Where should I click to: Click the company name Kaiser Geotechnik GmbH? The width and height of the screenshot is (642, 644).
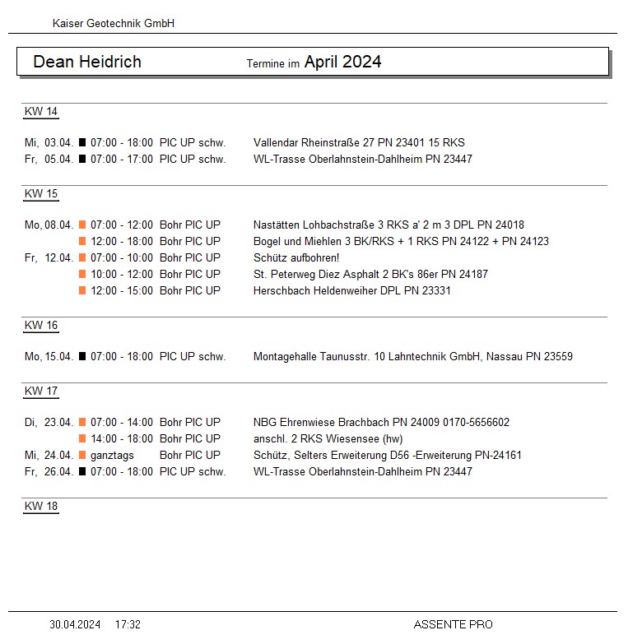(x=114, y=24)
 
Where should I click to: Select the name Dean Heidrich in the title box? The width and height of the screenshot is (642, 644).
(x=87, y=62)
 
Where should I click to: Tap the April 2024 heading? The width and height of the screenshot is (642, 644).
(x=342, y=62)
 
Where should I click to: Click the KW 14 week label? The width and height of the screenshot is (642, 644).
(x=41, y=112)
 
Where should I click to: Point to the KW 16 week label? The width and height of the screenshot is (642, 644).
(x=41, y=325)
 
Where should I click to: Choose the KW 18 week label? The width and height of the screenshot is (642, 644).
(x=41, y=506)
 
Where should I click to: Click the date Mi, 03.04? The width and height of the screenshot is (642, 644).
(x=49, y=142)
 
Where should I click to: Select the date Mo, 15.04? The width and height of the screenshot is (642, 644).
(x=49, y=356)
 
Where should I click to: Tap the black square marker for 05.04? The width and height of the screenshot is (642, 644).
(x=82, y=159)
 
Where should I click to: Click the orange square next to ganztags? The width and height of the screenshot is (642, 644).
(x=82, y=455)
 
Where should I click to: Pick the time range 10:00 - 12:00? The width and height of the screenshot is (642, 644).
(x=122, y=274)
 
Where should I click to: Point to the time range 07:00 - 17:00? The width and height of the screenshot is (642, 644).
(x=122, y=159)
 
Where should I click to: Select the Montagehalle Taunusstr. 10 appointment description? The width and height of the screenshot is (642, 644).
(x=412, y=356)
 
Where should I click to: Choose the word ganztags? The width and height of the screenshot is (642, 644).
(x=112, y=455)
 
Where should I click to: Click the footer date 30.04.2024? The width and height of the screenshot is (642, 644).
(x=75, y=625)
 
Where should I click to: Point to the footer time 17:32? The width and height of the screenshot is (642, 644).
(x=128, y=625)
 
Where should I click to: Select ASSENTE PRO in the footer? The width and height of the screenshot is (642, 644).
(x=453, y=625)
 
